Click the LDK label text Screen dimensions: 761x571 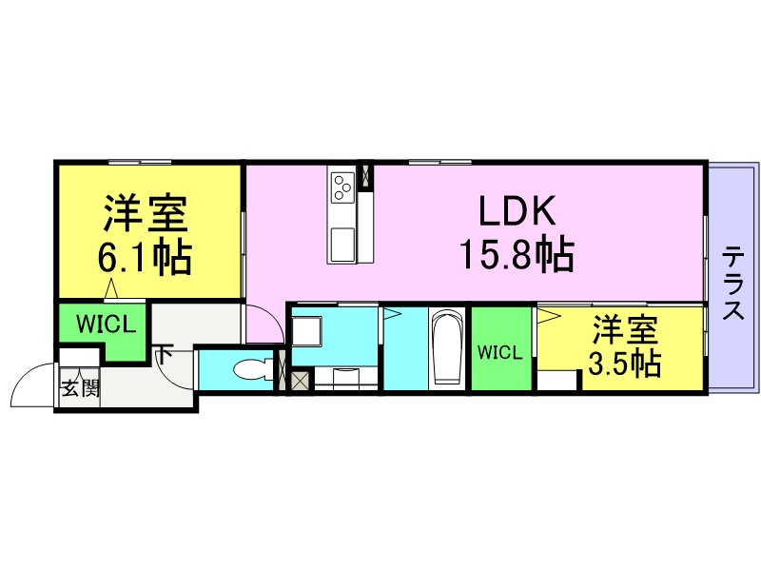point(517,211)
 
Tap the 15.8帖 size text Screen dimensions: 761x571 point(517,253)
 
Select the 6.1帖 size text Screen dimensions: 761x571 point(146,257)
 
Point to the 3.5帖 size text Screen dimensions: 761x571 point(625,363)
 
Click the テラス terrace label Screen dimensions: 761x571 point(733,283)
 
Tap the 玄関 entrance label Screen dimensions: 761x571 point(80,388)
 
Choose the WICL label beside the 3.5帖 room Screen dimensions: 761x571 point(500,352)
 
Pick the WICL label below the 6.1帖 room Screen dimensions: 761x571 point(107,325)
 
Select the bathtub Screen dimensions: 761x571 point(447,347)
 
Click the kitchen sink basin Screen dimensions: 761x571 point(342,244)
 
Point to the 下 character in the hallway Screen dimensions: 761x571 point(164,354)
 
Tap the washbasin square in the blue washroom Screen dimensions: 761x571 point(306,331)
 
